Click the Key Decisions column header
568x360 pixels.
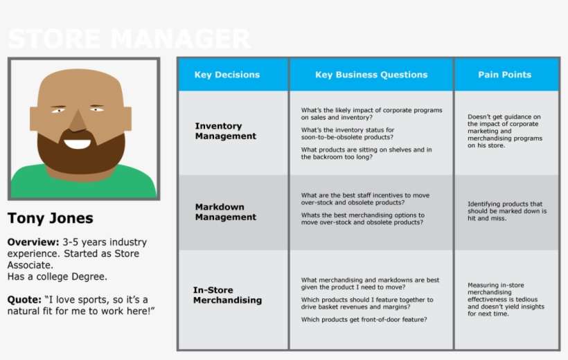227,75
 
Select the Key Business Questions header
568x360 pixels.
371,75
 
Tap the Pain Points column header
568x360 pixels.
504,75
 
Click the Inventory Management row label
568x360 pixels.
225,131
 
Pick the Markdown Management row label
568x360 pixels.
225,212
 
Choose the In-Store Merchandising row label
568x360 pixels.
227,295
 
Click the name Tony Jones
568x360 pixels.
50,219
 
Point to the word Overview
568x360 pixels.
32,242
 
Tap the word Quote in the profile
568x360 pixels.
23,300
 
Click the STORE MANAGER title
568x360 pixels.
129,39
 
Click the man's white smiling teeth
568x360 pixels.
77,144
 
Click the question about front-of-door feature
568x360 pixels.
364,319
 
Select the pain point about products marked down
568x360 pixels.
507,211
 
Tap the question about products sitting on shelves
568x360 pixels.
366,153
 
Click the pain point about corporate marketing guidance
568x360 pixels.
504,131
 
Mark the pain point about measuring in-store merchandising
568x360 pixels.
506,299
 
